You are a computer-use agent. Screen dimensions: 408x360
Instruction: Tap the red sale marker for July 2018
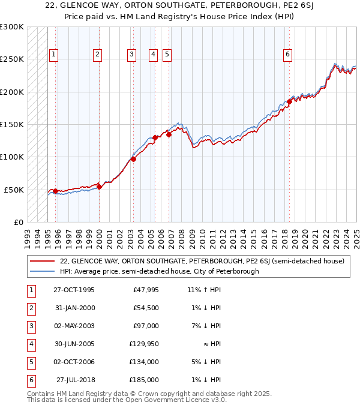pos(289,101)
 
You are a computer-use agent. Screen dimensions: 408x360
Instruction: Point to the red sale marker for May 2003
pos(133,159)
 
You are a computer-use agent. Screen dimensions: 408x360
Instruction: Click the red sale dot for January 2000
pos(100,187)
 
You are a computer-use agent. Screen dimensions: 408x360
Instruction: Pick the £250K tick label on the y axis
pos(13,59)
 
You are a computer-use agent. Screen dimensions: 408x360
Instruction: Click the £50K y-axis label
pos(14,190)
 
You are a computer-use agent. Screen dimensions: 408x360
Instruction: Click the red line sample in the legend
pos(41,262)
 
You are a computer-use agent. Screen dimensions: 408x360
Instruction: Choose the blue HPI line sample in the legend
pos(41,271)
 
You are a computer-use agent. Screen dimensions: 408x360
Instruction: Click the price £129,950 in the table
pos(144,344)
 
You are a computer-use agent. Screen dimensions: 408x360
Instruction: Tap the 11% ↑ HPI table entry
pos(204,290)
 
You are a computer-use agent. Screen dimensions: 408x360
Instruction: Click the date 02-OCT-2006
pos(74,362)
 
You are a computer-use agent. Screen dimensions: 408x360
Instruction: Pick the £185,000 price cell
pos(144,380)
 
